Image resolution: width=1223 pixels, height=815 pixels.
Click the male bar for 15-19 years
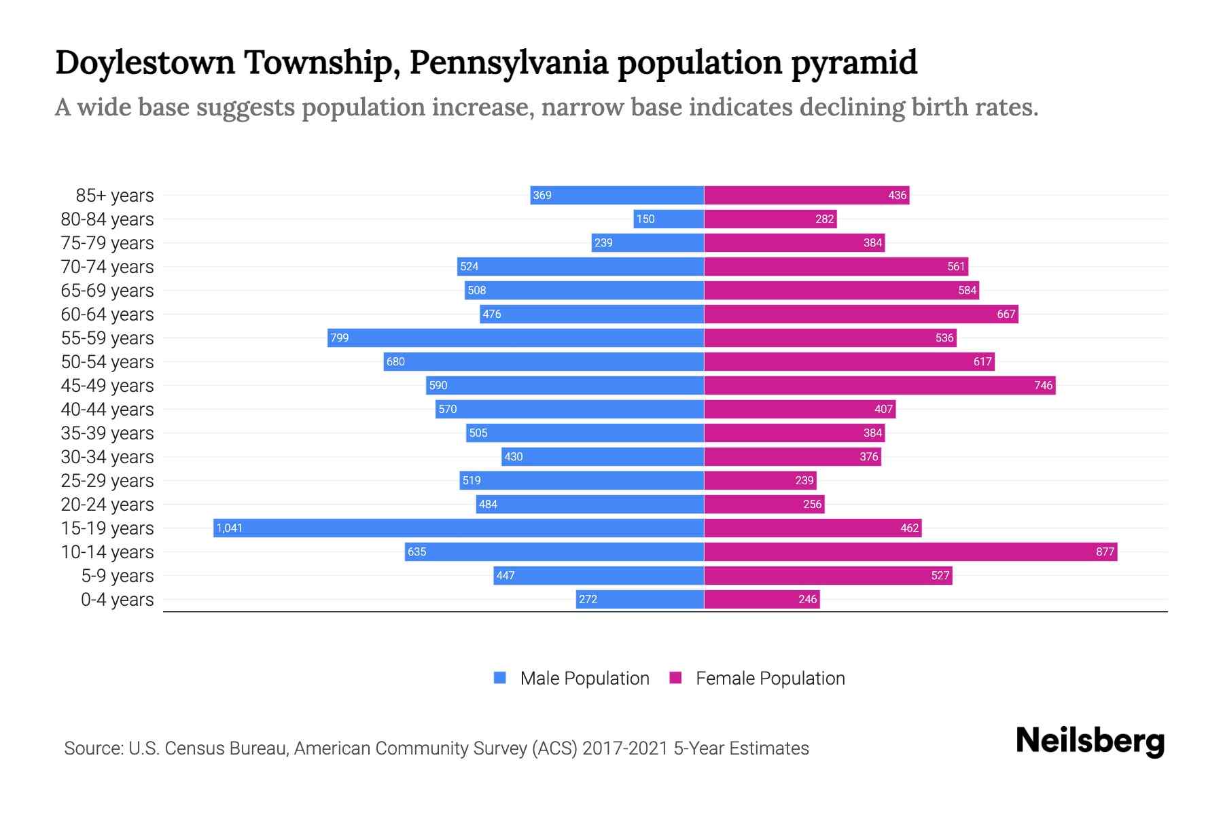tap(459, 528)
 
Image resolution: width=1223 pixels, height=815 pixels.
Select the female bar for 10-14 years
tap(910, 551)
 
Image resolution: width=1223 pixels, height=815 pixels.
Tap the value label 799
tap(339, 338)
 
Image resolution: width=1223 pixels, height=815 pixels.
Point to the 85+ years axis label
tap(115, 195)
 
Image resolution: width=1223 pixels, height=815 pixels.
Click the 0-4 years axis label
tap(117, 599)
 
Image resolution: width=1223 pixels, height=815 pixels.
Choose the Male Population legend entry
tap(571, 678)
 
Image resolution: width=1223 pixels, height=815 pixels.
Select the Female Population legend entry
tap(758, 678)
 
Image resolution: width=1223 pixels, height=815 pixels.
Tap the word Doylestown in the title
tap(145, 62)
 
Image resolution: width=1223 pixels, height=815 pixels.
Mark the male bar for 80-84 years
tap(669, 219)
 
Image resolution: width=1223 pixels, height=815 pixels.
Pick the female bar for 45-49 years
tap(879, 385)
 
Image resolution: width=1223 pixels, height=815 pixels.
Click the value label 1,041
tap(229, 528)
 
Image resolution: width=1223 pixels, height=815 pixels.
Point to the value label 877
tap(1105, 551)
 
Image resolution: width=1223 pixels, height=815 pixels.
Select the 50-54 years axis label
tap(107, 361)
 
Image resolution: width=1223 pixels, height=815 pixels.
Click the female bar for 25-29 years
tap(760, 480)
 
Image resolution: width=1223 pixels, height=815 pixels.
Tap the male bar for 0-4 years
tap(639, 599)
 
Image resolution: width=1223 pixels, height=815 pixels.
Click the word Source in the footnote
tap(92, 748)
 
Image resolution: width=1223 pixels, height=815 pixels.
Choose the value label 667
tap(1006, 314)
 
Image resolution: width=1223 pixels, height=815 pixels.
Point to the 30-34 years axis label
tap(107, 456)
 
